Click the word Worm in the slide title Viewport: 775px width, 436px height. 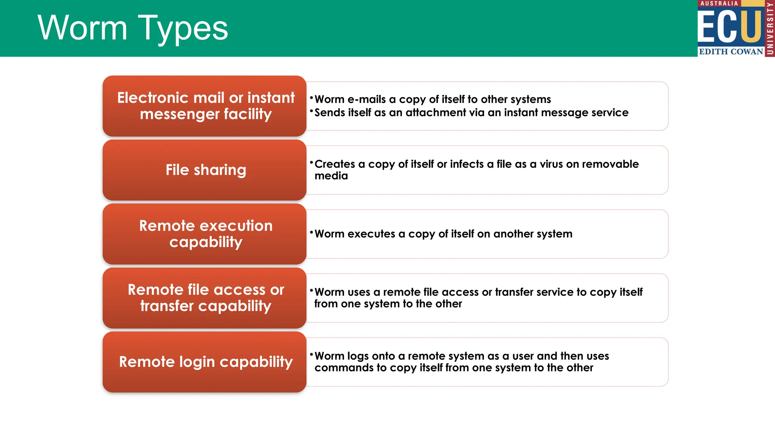point(82,28)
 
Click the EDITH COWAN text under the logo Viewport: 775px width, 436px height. point(731,51)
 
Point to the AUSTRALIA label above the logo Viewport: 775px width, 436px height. point(719,3)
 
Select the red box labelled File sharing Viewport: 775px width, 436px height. point(204,170)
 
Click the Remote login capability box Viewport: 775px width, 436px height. point(204,362)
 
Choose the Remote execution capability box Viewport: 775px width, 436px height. point(204,234)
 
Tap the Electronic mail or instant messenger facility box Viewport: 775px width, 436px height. point(204,106)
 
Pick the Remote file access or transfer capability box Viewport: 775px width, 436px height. point(204,298)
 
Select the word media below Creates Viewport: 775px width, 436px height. point(331,176)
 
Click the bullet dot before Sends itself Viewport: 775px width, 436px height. point(311,111)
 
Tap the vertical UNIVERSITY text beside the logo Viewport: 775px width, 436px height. point(770,28)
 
